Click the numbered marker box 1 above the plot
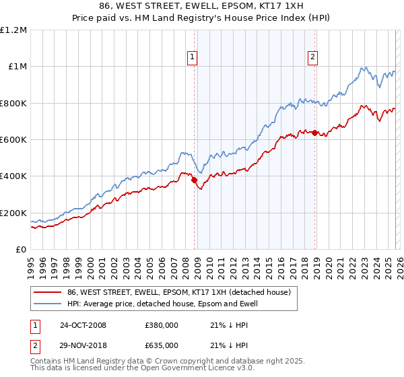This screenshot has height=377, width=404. [193, 58]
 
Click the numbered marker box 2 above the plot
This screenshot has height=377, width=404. [313, 58]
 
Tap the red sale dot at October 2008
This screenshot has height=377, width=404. [194, 180]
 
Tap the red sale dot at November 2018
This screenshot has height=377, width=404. [314, 133]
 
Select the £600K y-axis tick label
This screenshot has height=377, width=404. [13, 140]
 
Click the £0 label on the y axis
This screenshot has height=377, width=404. [20, 250]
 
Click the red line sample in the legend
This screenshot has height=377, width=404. [47, 292]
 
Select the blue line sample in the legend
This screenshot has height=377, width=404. [47, 304]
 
